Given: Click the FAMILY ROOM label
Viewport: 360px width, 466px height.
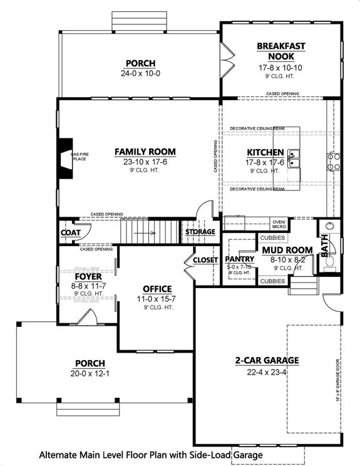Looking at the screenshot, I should click(x=145, y=152).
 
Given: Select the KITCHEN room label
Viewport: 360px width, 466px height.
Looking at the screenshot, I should click(x=265, y=153).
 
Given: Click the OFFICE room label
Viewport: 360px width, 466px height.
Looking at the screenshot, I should click(x=157, y=289).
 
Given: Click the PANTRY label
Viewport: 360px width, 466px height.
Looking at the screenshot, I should click(x=239, y=258).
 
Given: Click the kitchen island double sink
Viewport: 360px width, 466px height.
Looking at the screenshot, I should click(x=294, y=158).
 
